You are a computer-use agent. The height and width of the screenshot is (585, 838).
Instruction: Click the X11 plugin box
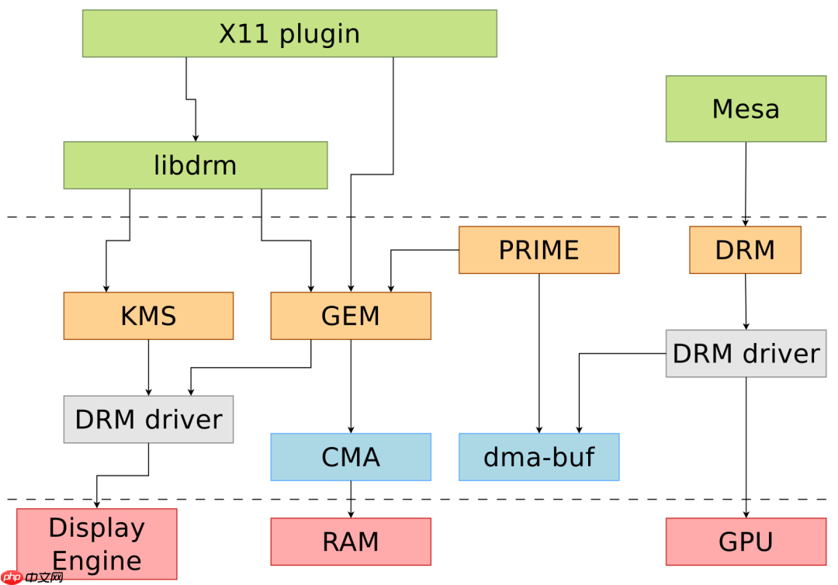[289, 33]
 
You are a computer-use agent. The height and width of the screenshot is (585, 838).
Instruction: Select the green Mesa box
[746, 109]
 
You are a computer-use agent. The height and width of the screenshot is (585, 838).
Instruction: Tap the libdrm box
[196, 165]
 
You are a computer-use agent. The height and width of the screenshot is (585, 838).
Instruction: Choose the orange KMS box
[148, 316]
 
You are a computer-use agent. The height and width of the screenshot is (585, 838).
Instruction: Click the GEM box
[351, 316]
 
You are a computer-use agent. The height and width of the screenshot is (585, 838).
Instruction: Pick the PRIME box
[538, 250]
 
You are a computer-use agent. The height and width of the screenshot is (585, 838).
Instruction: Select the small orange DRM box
[745, 250]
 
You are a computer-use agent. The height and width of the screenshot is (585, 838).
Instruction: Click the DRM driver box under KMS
[148, 419]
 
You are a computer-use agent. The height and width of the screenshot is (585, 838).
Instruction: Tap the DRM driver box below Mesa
[746, 354]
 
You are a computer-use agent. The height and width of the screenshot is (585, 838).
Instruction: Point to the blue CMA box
[351, 457]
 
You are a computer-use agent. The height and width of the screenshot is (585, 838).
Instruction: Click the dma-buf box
[538, 457]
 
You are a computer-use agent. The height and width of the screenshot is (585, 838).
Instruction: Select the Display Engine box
[97, 543]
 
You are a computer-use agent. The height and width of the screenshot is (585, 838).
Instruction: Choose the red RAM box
[351, 542]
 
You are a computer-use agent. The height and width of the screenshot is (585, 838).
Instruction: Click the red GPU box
[746, 542]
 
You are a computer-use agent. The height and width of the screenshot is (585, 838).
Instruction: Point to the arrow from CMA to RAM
[351, 499]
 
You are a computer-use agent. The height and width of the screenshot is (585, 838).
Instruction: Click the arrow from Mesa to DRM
[746, 184]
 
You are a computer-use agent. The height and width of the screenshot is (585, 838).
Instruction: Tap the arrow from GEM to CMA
[351, 386]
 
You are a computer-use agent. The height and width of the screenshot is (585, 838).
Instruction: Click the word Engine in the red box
[97, 560]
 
